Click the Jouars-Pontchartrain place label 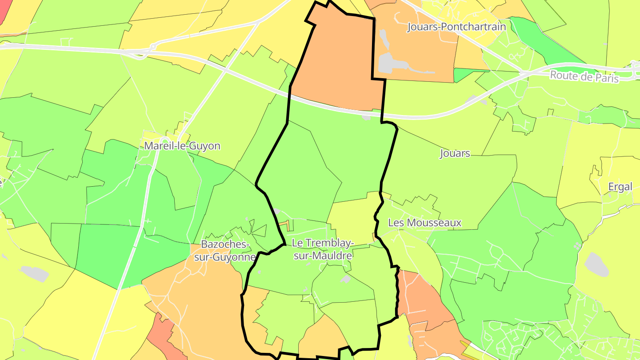(x=456, y=27)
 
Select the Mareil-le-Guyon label (x=182, y=146)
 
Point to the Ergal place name (x=620, y=187)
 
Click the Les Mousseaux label (x=425, y=223)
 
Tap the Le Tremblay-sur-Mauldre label (x=323, y=249)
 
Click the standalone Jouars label (x=455, y=153)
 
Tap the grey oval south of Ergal (x=596, y=264)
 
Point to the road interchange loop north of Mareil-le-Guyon (x=152, y=46)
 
